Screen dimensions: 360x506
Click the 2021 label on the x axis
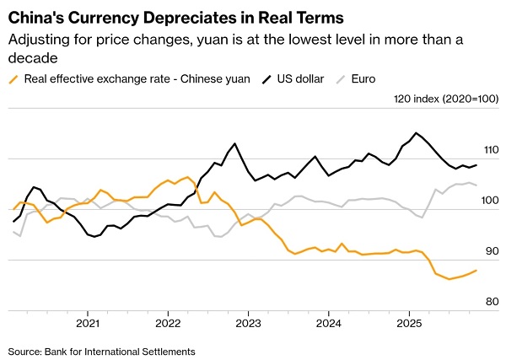[x=88, y=323]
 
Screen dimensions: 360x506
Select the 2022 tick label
[x=168, y=323]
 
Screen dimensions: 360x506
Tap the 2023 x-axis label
[x=248, y=323]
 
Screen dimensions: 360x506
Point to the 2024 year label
[x=328, y=323]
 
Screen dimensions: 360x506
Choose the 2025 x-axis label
[x=408, y=323]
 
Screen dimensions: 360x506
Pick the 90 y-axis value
[x=491, y=251]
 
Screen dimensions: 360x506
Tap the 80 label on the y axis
[x=491, y=301]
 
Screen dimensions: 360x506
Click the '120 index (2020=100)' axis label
[x=447, y=99]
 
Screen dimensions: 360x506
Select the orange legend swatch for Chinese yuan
[x=13, y=79]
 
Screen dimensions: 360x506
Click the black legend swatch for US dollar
[x=264, y=79]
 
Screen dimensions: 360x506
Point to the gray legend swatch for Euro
[x=342, y=79]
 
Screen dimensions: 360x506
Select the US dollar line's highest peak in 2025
[x=416, y=132]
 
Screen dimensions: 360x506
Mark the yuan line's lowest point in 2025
[x=449, y=279]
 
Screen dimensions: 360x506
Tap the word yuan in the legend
[x=231, y=79]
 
